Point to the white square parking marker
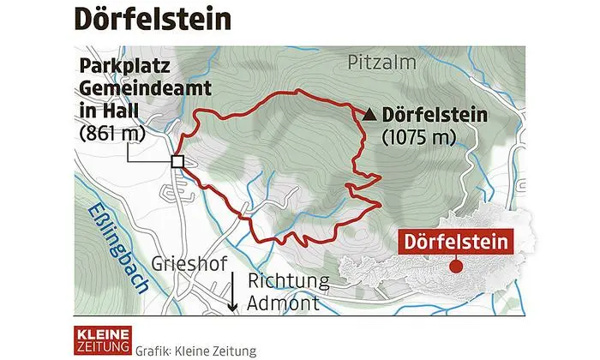pyautogui.click(x=177, y=161)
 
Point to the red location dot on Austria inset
pyautogui.click(x=456, y=267)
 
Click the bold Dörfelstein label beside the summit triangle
pyautogui.click(x=437, y=113)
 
